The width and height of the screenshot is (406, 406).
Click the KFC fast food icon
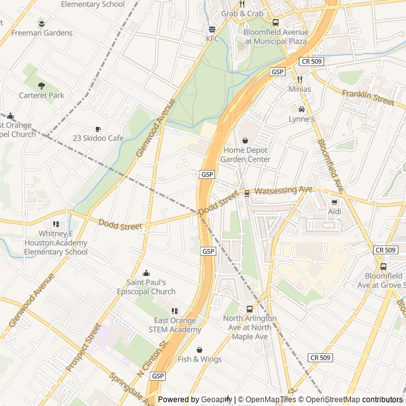212,29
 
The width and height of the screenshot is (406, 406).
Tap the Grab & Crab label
242,13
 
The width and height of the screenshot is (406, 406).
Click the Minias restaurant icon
299,79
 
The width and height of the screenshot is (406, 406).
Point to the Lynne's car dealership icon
301,109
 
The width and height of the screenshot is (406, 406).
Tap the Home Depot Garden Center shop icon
246,140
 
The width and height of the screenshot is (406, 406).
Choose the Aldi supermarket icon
334,202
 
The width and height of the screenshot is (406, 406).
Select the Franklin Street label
368,97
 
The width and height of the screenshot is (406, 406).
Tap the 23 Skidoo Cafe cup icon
98,128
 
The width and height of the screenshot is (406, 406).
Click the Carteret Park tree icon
41,86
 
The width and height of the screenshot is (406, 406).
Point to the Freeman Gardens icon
41,23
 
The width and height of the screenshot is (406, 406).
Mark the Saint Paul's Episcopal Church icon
146,273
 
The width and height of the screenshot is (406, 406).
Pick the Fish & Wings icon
199,350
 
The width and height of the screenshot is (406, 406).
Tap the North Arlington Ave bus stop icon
249,308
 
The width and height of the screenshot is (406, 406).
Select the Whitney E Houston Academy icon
56,224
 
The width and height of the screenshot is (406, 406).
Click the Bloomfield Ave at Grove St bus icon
383,267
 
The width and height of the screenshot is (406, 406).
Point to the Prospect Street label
84,348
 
